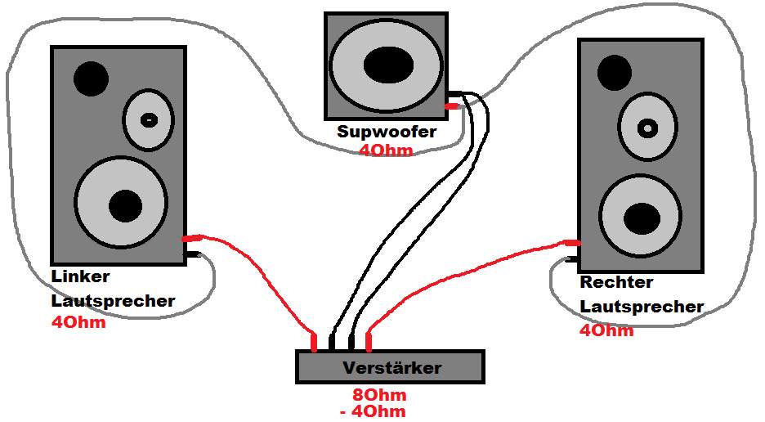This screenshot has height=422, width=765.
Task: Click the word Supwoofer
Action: click(x=387, y=131)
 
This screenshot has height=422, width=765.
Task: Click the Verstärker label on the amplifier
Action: click(x=391, y=367)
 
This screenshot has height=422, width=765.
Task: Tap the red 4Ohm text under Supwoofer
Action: click(x=386, y=150)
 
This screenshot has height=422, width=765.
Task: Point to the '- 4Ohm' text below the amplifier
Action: click(x=373, y=411)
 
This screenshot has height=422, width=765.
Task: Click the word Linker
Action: click(x=80, y=276)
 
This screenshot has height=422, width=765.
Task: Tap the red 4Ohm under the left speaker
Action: click(x=78, y=322)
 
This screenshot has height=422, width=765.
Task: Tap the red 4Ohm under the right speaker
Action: click(x=606, y=330)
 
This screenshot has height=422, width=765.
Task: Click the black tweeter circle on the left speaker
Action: click(x=91, y=79)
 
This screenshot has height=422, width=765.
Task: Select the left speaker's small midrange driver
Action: click(x=149, y=119)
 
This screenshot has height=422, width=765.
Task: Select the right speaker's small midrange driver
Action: click(x=647, y=128)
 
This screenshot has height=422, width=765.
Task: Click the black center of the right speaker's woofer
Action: click(x=642, y=218)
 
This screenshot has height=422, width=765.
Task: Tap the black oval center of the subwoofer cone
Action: click(x=388, y=65)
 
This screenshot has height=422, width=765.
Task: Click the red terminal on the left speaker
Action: click(x=191, y=239)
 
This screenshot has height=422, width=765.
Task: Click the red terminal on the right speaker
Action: click(x=571, y=243)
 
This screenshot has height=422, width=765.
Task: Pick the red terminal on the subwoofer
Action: click(x=451, y=106)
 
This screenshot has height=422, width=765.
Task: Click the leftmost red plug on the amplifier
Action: click(x=315, y=341)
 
